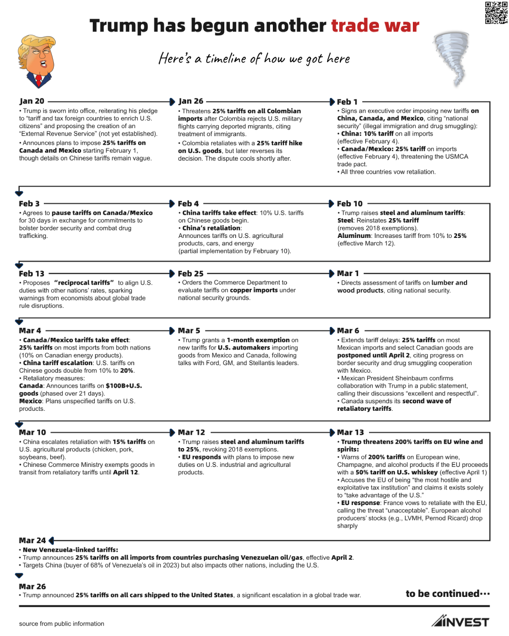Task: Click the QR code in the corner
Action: coord(496,13)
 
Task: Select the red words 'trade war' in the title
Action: coord(375,26)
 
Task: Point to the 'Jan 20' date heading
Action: coord(32,101)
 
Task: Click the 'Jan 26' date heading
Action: coord(191,101)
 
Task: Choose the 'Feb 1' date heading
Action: coord(347,102)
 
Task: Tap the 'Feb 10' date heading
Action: coord(350,204)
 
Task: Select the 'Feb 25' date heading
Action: coord(190,274)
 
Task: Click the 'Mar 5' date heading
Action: coord(189,331)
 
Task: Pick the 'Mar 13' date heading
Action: coord(350,432)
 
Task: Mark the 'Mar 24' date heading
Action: coord(32,540)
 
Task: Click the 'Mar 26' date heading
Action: coord(32,587)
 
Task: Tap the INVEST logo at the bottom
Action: coord(460,622)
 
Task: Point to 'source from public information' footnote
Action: coord(62,624)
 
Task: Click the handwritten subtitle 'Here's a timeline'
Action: coord(254,58)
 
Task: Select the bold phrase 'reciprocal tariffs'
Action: coord(84,283)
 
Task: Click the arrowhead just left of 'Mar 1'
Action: coord(332,274)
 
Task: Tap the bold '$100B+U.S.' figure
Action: coord(123,386)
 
